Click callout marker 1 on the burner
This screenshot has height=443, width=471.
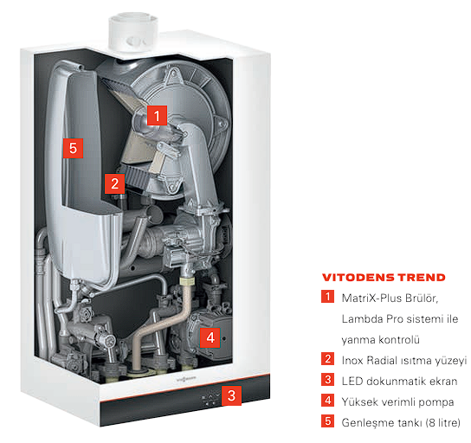click(x=157, y=115)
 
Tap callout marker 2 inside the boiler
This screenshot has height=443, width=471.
click(x=115, y=183)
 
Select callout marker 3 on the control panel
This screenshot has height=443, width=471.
click(x=231, y=395)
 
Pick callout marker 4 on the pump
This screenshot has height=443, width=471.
click(x=210, y=337)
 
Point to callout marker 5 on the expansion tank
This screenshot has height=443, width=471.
click(x=73, y=148)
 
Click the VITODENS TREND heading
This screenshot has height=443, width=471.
click(x=384, y=278)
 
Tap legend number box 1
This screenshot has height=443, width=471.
click(x=327, y=297)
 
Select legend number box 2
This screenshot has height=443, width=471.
click(x=327, y=359)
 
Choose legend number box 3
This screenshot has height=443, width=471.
click(x=327, y=379)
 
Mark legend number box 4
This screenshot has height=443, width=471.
click(x=327, y=400)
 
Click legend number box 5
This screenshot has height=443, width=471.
click(x=327, y=421)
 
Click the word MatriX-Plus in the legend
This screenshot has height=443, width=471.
click(x=371, y=298)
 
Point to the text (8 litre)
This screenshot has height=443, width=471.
click(x=443, y=422)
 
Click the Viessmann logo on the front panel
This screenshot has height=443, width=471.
click(x=185, y=380)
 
